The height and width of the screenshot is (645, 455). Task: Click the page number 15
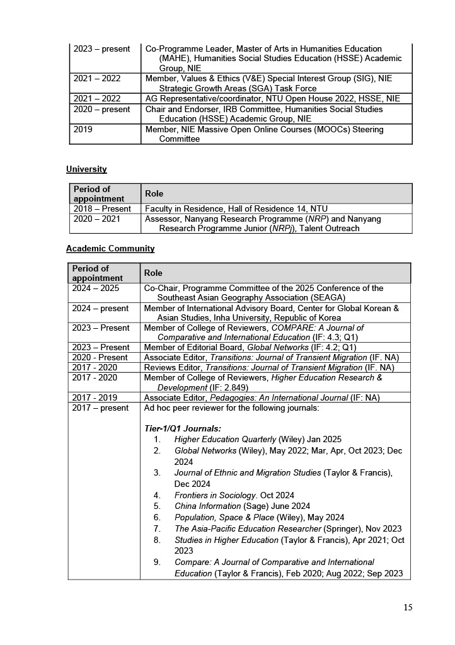point(408,607)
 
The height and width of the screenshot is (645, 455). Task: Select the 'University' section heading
point(86,169)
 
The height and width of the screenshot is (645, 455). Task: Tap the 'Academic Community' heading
point(110,248)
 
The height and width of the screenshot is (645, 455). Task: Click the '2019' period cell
point(83,130)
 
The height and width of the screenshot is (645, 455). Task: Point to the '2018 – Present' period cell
point(102,208)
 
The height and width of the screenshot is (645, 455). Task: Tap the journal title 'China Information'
point(207,506)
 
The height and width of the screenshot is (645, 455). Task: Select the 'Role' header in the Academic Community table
point(153,273)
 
